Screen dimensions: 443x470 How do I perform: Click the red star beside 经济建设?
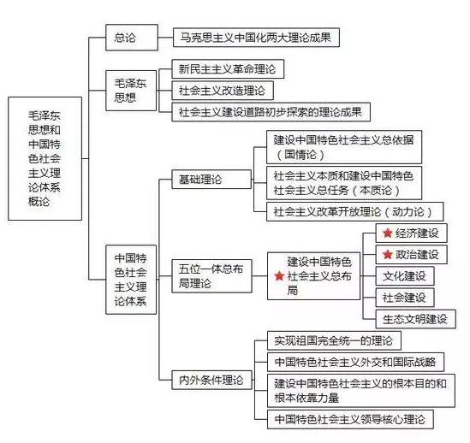point(388,233)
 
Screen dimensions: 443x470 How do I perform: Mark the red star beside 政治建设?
point(388,255)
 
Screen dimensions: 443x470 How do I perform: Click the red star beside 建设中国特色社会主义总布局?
point(277,276)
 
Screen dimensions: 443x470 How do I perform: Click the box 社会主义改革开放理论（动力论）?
point(352,210)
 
